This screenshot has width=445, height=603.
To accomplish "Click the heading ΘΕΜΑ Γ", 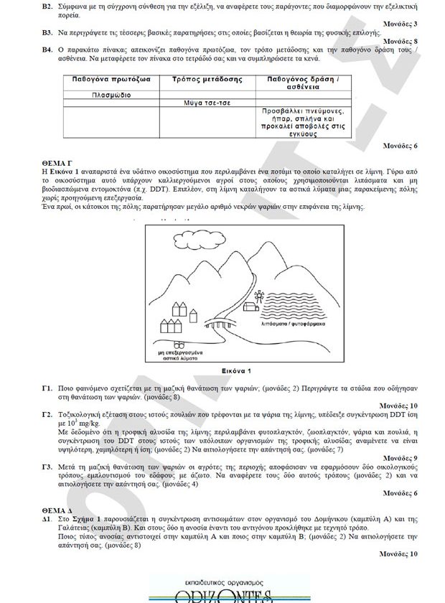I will coord(55,164).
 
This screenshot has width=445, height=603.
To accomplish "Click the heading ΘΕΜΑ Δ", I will coord(55,508).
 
